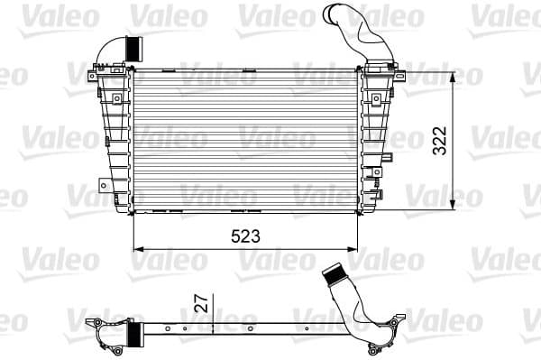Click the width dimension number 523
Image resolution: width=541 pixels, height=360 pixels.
(x=245, y=236)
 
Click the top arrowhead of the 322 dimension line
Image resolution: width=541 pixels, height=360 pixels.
(x=454, y=72)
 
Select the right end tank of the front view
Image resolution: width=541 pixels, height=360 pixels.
(x=377, y=140)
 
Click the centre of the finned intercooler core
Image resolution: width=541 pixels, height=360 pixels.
(x=245, y=140)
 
